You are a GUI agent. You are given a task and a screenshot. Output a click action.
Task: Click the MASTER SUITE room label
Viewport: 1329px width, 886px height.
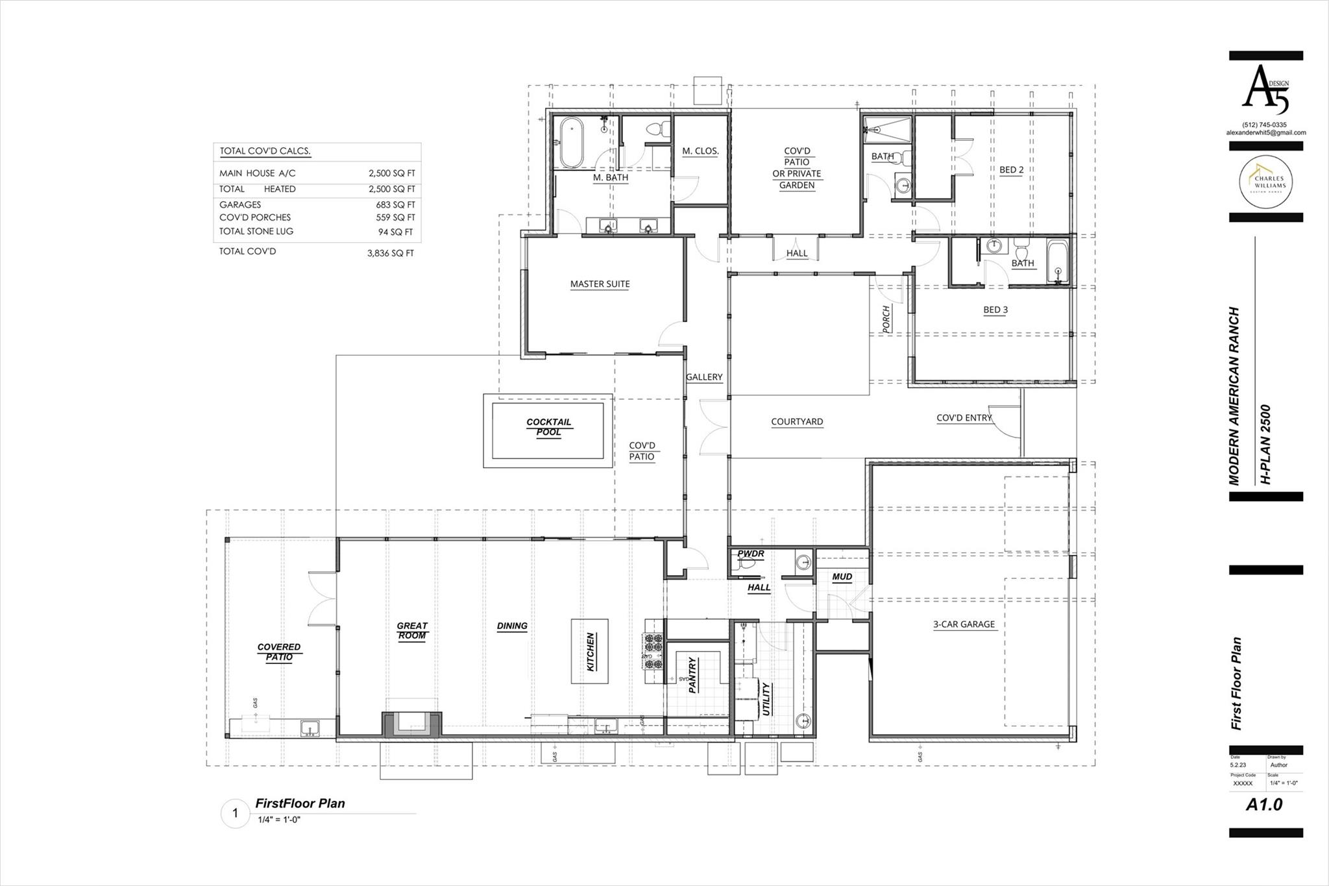pyautogui.click(x=600, y=284)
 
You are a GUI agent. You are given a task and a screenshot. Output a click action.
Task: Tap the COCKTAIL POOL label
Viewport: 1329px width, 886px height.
pyautogui.click(x=548, y=427)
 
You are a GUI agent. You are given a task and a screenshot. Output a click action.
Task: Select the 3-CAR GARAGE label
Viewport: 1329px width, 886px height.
pyautogui.click(x=964, y=624)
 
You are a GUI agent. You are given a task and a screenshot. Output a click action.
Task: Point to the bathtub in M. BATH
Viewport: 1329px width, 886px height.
pyautogui.click(x=572, y=143)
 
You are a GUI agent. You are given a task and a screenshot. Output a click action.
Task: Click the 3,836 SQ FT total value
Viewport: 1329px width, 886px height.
pyautogui.click(x=390, y=253)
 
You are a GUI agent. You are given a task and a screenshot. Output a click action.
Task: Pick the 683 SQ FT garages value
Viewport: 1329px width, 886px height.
pyautogui.click(x=395, y=204)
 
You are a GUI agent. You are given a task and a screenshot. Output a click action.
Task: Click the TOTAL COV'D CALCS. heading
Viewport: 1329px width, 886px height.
pyautogui.click(x=265, y=151)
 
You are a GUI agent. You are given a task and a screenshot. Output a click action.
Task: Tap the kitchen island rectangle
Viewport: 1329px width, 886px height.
pyautogui.click(x=589, y=651)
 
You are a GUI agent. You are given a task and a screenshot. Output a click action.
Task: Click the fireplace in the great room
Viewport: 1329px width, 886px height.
pyautogui.click(x=411, y=724)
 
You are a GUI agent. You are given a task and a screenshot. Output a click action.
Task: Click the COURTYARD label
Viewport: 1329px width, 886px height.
pyautogui.click(x=797, y=422)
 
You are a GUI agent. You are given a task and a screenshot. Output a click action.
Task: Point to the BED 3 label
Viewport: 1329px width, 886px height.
pyautogui.click(x=995, y=310)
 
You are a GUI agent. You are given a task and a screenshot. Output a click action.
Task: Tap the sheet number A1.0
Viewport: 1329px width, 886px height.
pyautogui.click(x=1264, y=805)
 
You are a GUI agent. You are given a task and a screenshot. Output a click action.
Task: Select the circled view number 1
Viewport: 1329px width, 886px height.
pyautogui.click(x=236, y=813)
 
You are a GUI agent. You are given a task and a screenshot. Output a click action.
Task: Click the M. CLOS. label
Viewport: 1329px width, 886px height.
pyautogui.click(x=700, y=151)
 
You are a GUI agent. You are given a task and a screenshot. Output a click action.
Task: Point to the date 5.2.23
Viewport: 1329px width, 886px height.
pyautogui.click(x=1238, y=765)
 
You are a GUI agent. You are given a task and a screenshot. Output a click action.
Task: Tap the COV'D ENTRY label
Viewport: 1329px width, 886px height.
pyautogui.click(x=964, y=418)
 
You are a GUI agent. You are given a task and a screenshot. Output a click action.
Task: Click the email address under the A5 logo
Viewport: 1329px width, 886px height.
pyautogui.click(x=1265, y=132)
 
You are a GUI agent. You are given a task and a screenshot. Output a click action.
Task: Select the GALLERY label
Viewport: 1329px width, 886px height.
pyautogui.click(x=704, y=377)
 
